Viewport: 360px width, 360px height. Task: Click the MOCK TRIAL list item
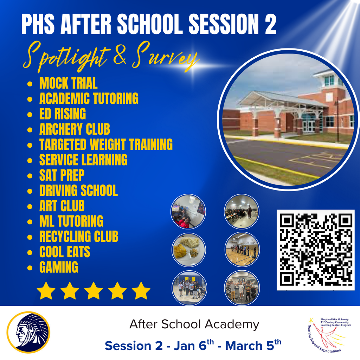68,84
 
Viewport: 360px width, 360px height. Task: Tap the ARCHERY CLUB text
75,129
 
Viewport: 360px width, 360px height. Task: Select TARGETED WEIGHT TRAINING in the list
106,144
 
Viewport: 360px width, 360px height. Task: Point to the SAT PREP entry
62,175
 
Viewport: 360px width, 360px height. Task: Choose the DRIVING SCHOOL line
78,191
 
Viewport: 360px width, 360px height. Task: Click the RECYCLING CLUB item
78,237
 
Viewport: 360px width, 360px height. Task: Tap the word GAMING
59,267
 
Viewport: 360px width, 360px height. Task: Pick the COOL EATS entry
65,252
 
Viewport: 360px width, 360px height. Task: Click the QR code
315,250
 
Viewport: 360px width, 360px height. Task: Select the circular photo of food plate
189,249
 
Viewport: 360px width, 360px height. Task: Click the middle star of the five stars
94,291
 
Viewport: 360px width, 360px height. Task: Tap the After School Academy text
194,324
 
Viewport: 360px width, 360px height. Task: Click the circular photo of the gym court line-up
242,249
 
